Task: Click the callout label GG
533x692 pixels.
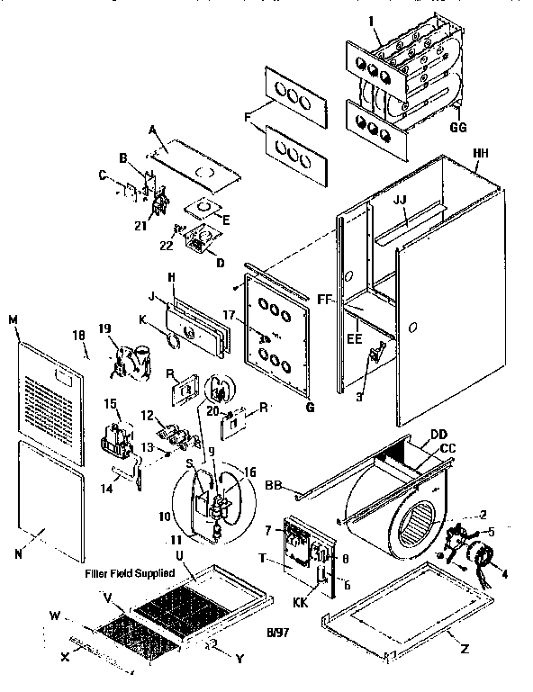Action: click(458, 128)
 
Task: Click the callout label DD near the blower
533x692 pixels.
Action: click(439, 435)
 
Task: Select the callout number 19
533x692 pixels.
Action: click(106, 329)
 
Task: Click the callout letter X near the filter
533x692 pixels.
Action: click(65, 658)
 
